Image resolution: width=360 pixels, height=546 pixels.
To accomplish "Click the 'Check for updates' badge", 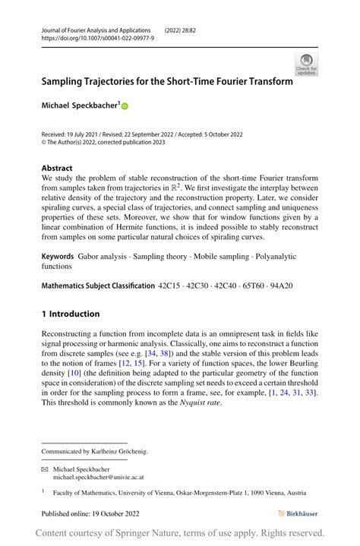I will [x=306, y=64].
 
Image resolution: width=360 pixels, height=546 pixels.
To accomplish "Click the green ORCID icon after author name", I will [x=125, y=106].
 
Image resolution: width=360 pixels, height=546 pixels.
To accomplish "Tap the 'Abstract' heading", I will [x=57, y=168].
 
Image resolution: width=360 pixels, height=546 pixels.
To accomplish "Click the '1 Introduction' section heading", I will [x=71, y=314].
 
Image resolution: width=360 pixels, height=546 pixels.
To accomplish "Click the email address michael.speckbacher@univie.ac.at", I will [x=98, y=478].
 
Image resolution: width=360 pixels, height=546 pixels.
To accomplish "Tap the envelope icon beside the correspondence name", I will [x=45, y=469].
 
